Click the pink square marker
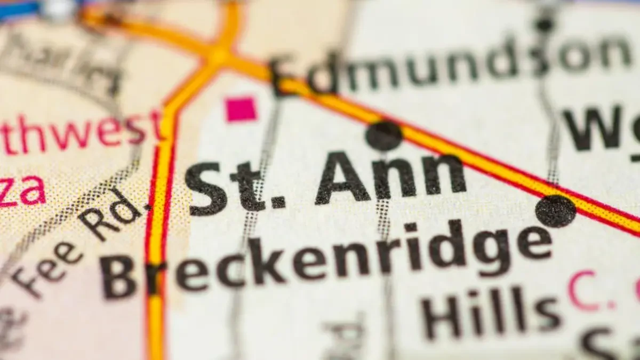(x=241, y=109)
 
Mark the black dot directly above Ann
(x=384, y=135)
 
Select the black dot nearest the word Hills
(x=556, y=211)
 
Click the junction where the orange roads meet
(x=219, y=56)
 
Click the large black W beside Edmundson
(x=592, y=128)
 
